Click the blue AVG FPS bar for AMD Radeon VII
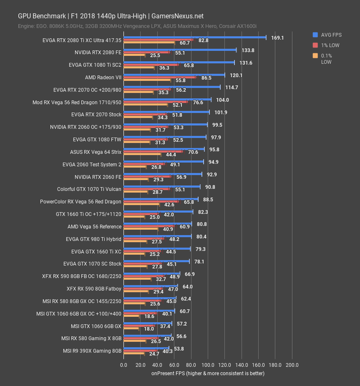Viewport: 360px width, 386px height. [x=174, y=75]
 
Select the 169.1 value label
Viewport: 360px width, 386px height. [x=277, y=38]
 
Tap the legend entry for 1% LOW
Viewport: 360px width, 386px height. [x=330, y=45]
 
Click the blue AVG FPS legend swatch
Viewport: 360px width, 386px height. [x=315, y=35]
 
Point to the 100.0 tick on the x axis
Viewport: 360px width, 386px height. [x=208, y=365]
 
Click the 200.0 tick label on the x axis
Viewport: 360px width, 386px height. [x=292, y=365]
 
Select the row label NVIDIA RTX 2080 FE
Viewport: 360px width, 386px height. [x=98, y=53]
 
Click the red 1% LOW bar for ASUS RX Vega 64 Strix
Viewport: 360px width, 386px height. [x=153, y=152]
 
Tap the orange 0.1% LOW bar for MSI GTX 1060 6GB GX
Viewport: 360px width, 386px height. [x=132, y=328]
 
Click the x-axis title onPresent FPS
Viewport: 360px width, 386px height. [x=207, y=373]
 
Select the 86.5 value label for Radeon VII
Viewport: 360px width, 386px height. [x=206, y=78]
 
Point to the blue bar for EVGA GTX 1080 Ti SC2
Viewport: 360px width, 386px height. [x=179, y=63]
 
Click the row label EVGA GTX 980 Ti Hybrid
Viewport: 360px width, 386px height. [x=93, y=239]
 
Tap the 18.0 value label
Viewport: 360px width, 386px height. [x=149, y=329]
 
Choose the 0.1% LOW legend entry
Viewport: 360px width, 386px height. [x=326, y=59]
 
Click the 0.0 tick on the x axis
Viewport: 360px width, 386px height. [x=123, y=365]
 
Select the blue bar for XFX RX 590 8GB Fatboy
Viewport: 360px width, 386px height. [x=151, y=286]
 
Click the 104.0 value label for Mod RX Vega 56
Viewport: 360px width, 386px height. [x=222, y=100]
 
